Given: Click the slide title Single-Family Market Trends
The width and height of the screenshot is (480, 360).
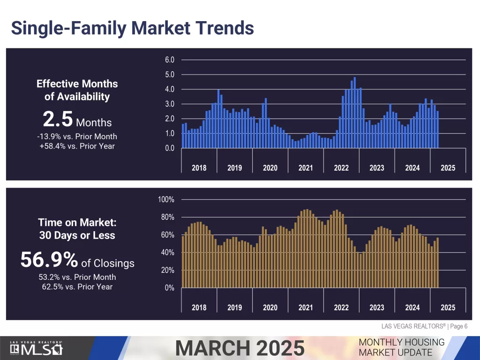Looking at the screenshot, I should point(132,28).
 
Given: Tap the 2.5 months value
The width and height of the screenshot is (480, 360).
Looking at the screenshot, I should point(58,120).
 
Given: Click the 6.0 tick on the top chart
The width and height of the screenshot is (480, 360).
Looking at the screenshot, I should point(169,60).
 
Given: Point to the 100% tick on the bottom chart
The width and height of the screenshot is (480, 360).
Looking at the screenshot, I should point(166,200).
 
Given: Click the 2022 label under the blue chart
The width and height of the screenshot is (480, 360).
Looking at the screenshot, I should point(341,168).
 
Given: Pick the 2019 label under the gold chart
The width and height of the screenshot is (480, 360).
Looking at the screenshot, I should point(234,307).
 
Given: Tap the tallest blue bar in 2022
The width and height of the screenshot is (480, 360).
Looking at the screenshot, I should point(354,112).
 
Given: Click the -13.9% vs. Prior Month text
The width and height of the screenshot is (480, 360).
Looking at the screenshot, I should point(77,136).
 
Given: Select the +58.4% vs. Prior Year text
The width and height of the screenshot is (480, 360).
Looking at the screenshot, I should point(77,146).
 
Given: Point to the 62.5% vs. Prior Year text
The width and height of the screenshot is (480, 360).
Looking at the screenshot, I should point(77,286).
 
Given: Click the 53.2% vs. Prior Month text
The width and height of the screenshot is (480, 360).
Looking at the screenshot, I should point(77,277).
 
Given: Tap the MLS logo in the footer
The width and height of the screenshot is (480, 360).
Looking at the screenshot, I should point(37,348).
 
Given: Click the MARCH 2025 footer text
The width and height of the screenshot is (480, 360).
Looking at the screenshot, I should point(240,348).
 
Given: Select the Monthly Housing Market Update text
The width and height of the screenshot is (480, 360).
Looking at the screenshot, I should point(401,347).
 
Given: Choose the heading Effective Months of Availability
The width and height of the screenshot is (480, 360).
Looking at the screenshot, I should point(77,90).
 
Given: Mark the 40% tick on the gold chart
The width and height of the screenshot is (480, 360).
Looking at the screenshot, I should point(168,253).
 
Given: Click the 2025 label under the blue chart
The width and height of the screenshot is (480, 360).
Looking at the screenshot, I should point(448,168).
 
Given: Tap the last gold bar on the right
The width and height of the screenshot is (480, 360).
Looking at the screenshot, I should point(437,262).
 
